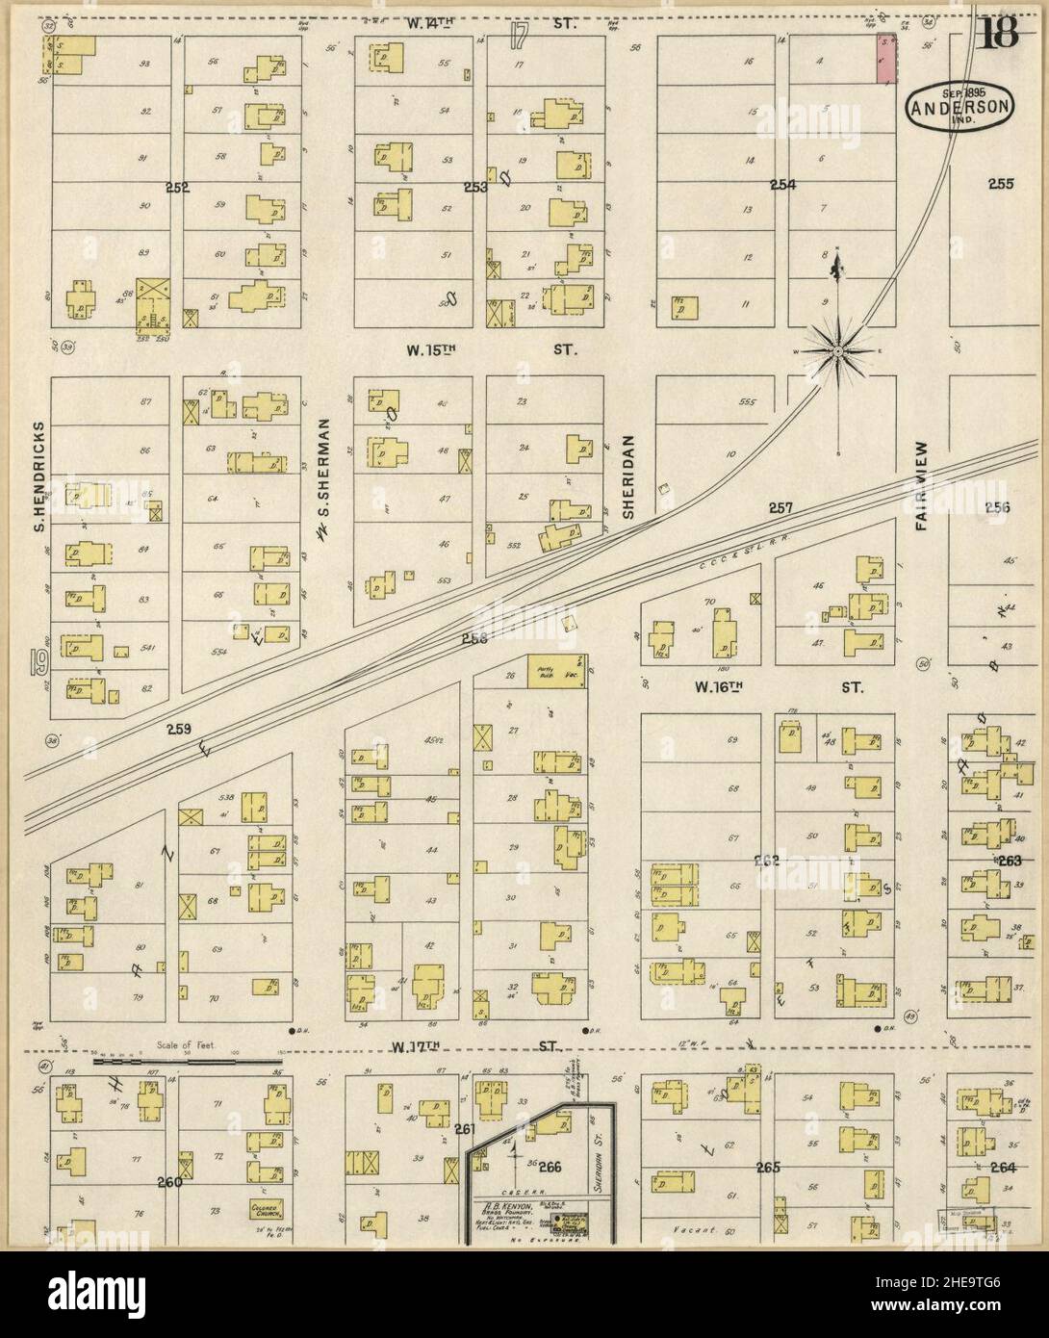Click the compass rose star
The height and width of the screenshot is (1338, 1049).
(x=838, y=351)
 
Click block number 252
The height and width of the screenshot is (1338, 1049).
(x=177, y=188)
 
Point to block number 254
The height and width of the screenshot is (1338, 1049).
(x=782, y=183)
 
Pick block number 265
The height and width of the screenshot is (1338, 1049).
(x=767, y=1168)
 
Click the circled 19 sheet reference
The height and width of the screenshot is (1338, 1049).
(x=39, y=662)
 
